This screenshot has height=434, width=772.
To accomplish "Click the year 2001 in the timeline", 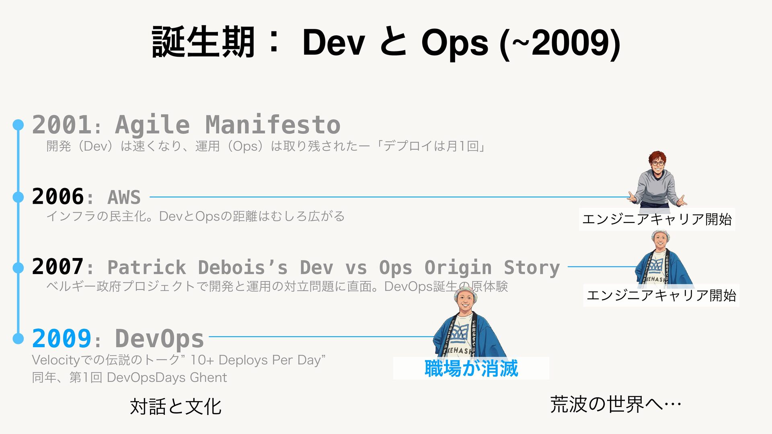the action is tap(62, 125).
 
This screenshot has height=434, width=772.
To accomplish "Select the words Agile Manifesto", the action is tap(228, 125).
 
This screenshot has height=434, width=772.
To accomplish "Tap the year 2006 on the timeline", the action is tap(58, 197).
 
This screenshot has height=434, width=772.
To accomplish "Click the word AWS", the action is tap(124, 197).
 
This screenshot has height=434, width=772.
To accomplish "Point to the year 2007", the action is tap(58, 266).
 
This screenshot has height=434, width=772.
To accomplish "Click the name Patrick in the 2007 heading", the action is tap(147, 267).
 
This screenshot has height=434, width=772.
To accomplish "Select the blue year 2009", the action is tap(62, 338).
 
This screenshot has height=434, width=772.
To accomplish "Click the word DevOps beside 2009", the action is tap(160, 338).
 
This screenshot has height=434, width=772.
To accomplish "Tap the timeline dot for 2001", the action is tap(18, 125).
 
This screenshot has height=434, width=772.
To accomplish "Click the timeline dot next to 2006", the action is tap(18, 197).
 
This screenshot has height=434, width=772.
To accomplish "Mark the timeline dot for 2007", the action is tap(18, 267).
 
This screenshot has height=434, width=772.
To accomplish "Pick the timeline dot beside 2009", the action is tap(18, 338).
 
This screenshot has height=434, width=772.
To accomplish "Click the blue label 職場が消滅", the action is tap(471, 368).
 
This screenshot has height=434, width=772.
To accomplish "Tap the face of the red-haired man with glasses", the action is tap(658, 164).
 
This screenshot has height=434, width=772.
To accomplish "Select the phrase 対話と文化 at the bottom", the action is tap(176, 406).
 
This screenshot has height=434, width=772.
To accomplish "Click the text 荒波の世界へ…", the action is tap(616, 404).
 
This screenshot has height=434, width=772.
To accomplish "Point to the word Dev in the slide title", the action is tap(333, 43).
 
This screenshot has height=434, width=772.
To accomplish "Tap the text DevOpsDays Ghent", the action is tap(167, 378).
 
